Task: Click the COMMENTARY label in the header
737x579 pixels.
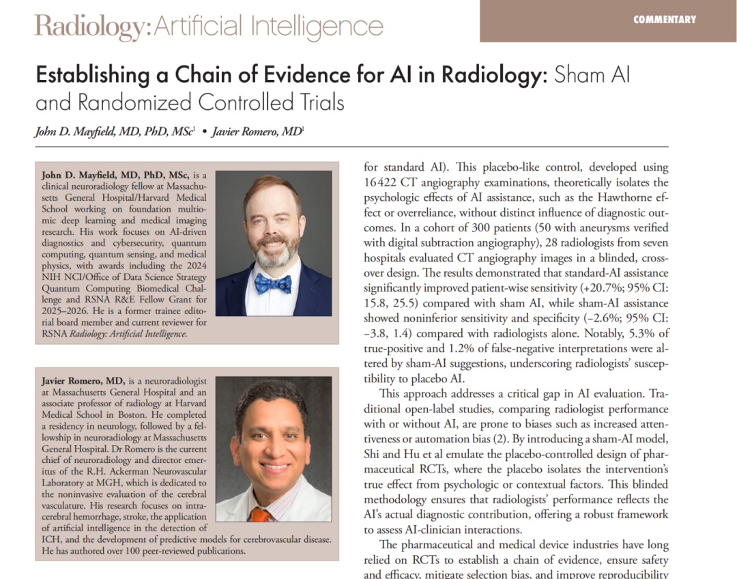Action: coord(665,20)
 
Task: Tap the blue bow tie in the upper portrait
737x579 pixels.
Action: coord(274,283)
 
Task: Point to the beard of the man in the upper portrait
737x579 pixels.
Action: coord(274,254)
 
